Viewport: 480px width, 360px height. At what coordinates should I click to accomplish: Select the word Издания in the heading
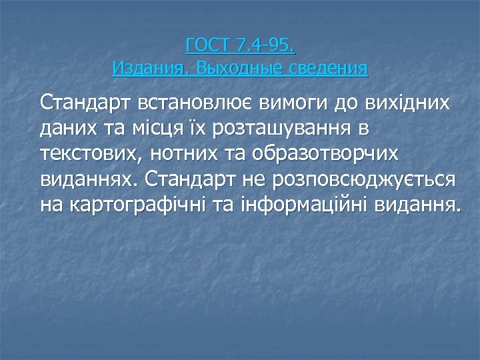click(141, 67)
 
